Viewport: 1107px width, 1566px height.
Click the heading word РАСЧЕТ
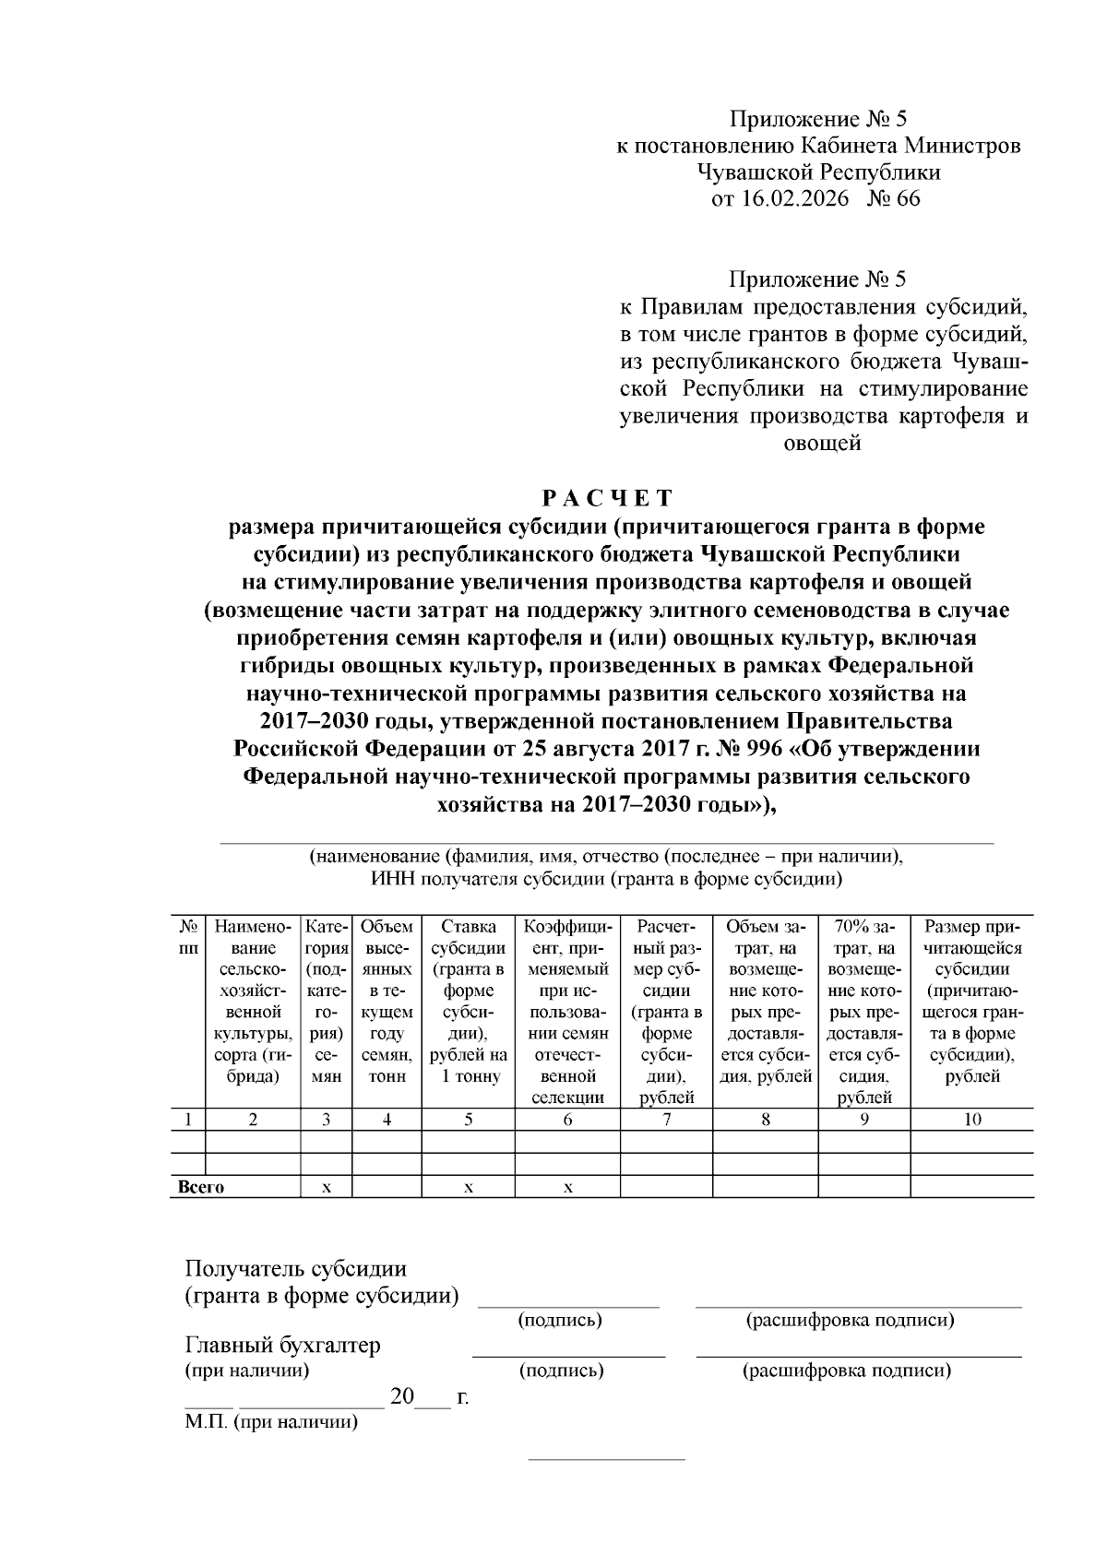click(606, 499)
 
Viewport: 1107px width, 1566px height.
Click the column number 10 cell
click(972, 1120)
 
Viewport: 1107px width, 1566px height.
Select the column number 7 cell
click(666, 1120)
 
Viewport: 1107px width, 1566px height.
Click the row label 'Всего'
click(201, 1188)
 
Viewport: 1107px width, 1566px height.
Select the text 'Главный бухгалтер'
click(282, 1346)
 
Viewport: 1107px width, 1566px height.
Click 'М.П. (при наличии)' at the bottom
click(270, 1422)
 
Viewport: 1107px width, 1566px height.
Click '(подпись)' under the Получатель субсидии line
click(561, 1321)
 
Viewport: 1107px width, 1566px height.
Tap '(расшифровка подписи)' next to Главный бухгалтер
click(846, 1370)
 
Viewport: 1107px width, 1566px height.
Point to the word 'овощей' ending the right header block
click(822, 444)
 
